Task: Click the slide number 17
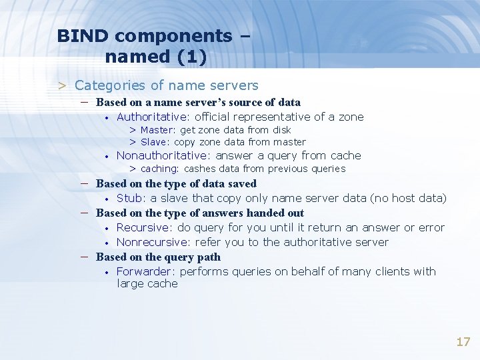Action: (x=463, y=342)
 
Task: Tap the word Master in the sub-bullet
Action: (x=157, y=130)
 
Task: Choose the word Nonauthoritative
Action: (x=162, y=155)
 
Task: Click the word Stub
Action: (x=129, y=198)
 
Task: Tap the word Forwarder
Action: (x=145, y=271)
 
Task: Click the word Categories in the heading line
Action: (x=109, y=85)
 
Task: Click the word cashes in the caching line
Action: (x=199, y=169)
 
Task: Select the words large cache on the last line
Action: (x=147, y=283)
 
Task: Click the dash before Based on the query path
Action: (x=86, y=256)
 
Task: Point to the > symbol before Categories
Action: (x=61, y=85)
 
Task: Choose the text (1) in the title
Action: (x=189, y=57)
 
